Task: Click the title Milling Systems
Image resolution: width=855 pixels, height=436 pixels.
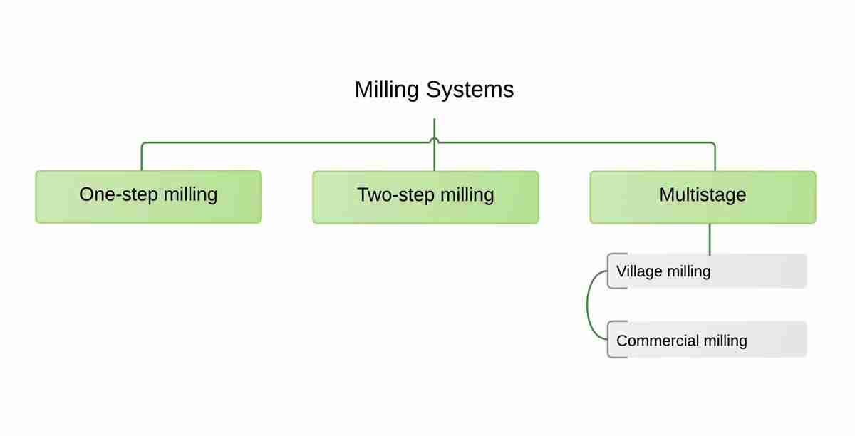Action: tap(434, 90)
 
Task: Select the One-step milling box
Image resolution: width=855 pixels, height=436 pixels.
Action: tap(148, 197)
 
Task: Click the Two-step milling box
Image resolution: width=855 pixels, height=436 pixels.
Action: tap(425, 197)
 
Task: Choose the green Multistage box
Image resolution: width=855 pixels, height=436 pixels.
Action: tap(703, 197)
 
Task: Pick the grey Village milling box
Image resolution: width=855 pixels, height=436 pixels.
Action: tap(707, 271)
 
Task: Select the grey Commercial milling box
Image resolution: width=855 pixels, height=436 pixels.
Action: tap(707, 340)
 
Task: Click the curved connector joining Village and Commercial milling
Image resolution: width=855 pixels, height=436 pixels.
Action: tap(589, 305)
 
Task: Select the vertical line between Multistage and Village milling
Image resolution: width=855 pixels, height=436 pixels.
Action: tap(710, 239)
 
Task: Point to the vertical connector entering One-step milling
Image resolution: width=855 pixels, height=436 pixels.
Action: tap(141, 158)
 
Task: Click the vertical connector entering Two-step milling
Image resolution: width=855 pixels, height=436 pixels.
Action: tap(434, 158)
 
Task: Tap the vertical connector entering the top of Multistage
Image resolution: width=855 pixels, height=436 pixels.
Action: tap(715, 158)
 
